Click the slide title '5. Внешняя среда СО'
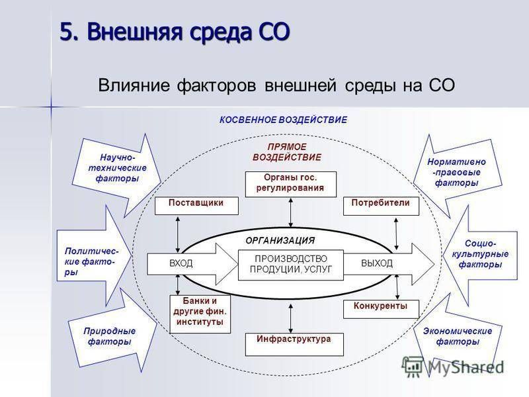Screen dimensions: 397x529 tap(175, 31)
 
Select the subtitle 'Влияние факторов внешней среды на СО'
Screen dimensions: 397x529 tap(276, 86)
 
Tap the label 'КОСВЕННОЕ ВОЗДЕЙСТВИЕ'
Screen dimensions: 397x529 tap(283, 120)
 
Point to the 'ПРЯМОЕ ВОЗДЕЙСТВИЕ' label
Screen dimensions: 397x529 tap(287, 152)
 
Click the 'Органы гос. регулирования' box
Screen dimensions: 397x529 tap(291, 183)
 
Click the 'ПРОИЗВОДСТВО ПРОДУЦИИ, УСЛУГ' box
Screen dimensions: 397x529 tap(291, 263)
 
